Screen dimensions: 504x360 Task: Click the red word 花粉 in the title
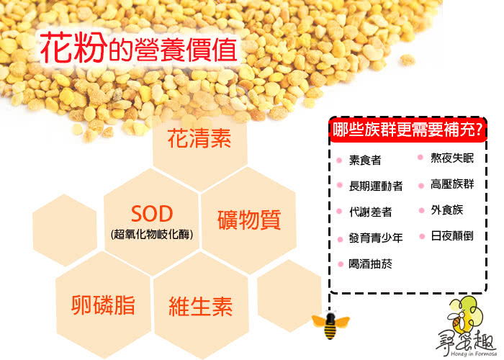pos(73,48)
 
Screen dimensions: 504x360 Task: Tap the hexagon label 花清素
pos(199,138)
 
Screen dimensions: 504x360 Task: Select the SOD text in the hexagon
pos(152,214)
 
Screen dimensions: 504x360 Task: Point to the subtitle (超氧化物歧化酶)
pos(152,234)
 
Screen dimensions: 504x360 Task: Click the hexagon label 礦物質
pos(249,220)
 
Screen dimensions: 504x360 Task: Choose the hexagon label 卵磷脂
pos(103,305)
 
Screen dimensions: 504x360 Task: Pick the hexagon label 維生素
pos(201,306)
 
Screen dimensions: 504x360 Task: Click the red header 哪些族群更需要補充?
pos(408,130)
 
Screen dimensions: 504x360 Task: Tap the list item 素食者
pos(365,160)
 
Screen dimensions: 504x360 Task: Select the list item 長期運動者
pos(376,186)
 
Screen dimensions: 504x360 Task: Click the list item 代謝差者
pos(371,212)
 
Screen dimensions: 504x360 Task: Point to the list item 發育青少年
pos(376,238)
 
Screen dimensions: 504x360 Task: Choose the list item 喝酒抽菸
pos(371,264)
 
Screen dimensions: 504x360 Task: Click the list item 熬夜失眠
pos(452,158)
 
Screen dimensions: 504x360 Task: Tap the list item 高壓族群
pos(452,184)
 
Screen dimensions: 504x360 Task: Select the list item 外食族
pos(447,210)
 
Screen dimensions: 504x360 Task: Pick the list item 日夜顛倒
pos(452,236)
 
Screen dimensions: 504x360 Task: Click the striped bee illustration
pos(330,325)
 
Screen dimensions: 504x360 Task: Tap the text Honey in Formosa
pos(474,354)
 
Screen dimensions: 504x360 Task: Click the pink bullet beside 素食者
pos(339,160)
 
